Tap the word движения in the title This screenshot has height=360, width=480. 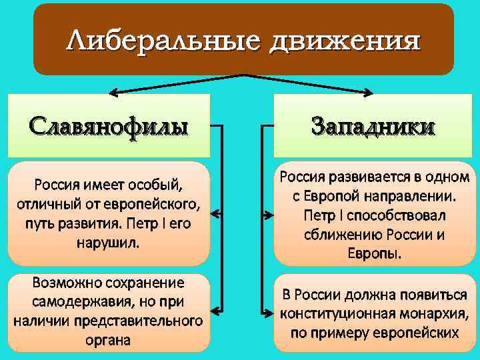coord(345,41)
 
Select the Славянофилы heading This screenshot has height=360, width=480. coord(109,125)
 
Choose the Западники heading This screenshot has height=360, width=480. coord(373,127)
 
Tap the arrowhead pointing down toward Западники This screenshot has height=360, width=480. coord(369,91)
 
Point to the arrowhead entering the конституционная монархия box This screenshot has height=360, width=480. coord(268,311)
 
